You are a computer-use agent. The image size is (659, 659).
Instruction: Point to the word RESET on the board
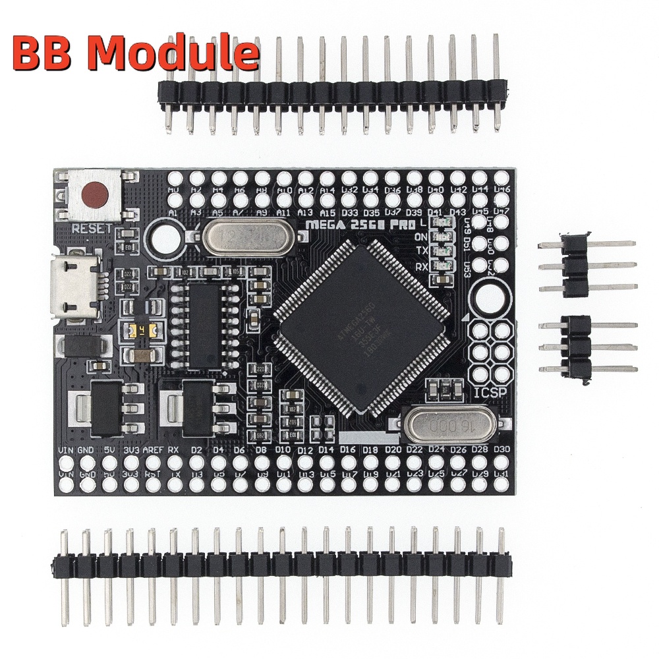pyautogui.click(x=92, y=228)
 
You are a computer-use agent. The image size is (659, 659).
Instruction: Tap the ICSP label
pyautogui.click(x=489, y=395)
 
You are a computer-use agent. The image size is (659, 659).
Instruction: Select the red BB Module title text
pyautogui.click(x=135, y=54)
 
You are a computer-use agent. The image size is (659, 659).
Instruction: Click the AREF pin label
pyautogui.click(x=153, y=450)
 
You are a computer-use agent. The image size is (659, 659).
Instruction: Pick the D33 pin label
pyautogui.click(x=349, y=213)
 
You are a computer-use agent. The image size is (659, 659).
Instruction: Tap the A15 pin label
pyautogui.click(x=327, y=213)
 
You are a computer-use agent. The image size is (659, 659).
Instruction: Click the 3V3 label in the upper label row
pyautogui.click(x=132, y=450)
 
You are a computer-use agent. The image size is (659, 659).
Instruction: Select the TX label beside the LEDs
pyautogui.click(x=422, y=251)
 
